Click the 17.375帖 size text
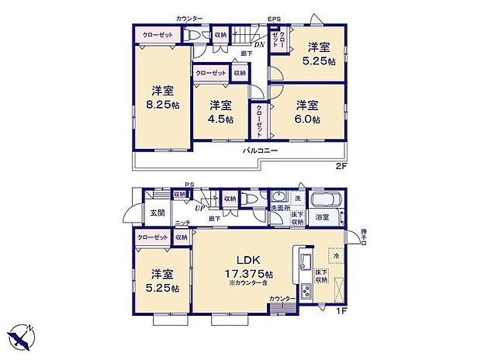pos(249,274)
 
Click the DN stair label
pos(259,43)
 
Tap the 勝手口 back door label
pos(365,235)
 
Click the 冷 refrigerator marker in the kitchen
pos(335,254)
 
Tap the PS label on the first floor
pos(188,185)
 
